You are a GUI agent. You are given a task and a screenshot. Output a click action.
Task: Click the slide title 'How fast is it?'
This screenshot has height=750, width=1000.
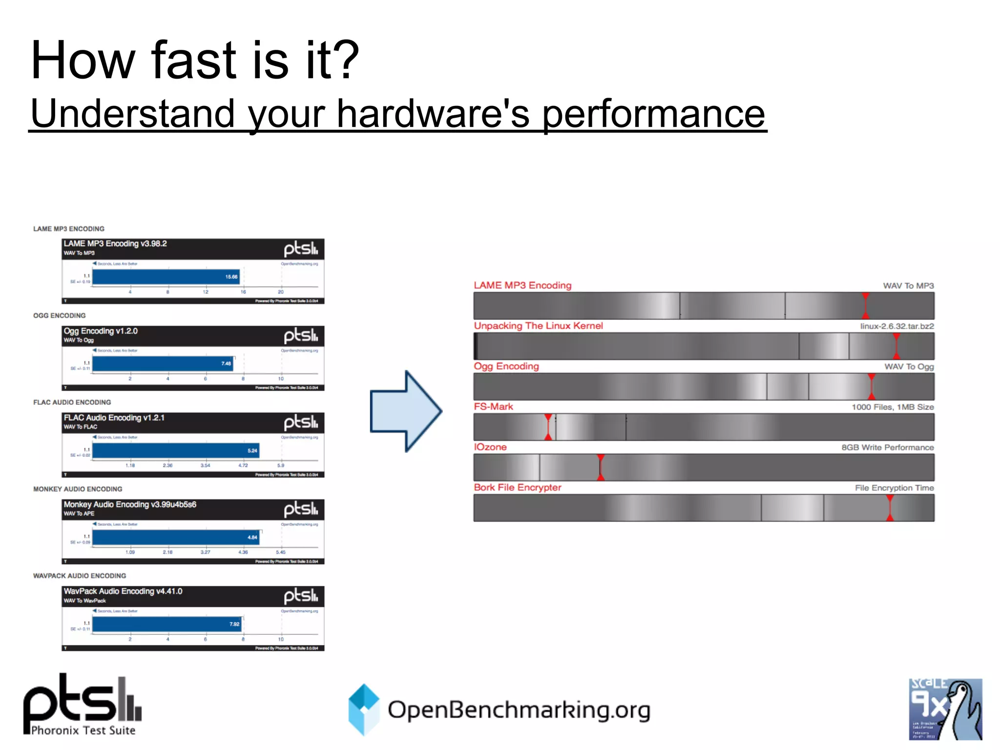pos(195,61)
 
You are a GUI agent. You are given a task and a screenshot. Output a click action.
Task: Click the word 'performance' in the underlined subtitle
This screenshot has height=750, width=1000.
pos(654,114)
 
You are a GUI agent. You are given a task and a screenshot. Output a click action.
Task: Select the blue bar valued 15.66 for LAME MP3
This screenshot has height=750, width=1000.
pos(166,277)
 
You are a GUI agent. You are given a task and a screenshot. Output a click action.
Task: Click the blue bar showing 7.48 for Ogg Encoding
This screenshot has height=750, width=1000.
pos(163,363)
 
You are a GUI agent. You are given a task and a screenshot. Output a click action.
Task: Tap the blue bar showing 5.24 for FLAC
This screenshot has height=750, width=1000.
pos(176,450)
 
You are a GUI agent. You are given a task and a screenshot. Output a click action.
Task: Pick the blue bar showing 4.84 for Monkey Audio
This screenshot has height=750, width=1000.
pos(176,537)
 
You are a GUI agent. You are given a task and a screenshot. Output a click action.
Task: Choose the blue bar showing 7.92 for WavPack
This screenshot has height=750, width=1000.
pos(167,624)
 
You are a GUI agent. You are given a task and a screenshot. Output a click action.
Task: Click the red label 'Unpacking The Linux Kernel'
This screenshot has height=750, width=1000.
pos(538,326)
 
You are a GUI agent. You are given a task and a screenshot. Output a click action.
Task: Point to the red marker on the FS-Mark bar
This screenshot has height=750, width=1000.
pos(548,427)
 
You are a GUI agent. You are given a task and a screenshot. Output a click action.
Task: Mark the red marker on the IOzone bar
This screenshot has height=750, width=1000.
pos(601,467)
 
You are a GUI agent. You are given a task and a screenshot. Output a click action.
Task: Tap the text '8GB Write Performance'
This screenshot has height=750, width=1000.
pos(887,447)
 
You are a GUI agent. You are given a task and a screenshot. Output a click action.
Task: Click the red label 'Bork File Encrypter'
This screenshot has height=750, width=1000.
pos(518,487)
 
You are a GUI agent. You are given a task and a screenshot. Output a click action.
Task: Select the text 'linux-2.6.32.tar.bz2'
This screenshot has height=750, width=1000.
pos(896,326)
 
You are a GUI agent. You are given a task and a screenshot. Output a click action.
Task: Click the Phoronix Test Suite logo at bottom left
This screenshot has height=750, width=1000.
pos(83,705)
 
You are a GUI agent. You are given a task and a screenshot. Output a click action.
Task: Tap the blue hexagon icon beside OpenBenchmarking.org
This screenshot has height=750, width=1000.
pos(364,709)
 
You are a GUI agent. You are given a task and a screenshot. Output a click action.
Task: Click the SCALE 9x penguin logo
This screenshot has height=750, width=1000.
pos(945,709)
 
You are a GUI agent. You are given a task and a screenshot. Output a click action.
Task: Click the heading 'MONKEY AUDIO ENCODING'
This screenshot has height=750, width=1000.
pos(78,489)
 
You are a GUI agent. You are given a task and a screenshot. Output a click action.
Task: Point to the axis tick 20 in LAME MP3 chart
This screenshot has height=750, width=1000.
pos(281,292)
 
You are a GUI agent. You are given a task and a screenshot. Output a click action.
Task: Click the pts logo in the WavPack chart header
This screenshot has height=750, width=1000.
pos(301,596)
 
